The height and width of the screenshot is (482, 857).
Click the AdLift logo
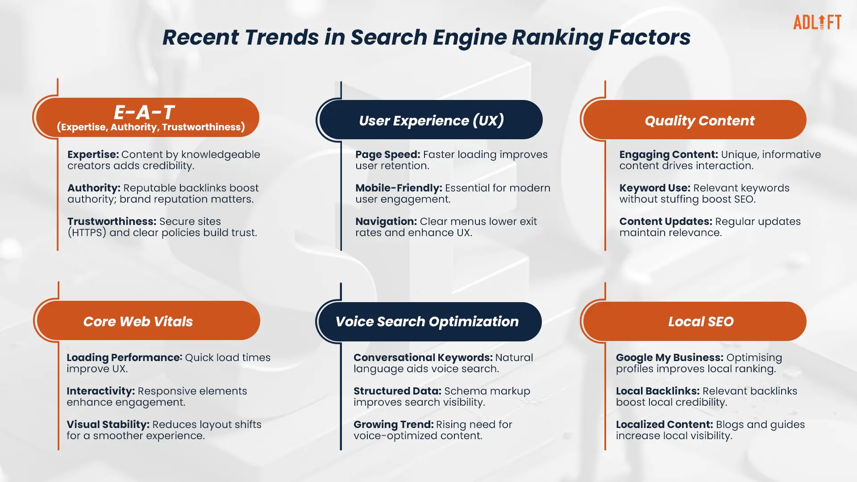[817, 22]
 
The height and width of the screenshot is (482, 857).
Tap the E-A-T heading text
[144, 112]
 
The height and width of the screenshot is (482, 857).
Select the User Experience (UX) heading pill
[431, 120]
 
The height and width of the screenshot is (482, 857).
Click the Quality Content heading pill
[695, 120]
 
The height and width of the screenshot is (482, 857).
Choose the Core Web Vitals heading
[138, 321]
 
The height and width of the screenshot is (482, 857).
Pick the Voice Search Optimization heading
[427, 322]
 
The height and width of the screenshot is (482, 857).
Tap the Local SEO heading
[701, 322]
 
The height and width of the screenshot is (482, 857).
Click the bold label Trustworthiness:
[112, 221]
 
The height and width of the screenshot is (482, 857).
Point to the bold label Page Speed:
[388, 155]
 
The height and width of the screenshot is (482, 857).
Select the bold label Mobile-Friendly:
[399, 188]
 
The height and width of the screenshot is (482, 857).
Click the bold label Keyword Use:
[655, 188]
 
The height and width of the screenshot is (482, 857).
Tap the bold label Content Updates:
[666, 222]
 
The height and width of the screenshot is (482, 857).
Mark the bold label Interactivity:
[100, 391]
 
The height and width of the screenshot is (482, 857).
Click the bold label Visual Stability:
[108, 425]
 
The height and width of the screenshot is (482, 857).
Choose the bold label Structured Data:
[397, 391]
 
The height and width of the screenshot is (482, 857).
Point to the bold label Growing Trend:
[393, 425]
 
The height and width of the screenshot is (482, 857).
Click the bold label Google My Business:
[670, 358]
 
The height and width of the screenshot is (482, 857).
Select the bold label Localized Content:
[664, 425]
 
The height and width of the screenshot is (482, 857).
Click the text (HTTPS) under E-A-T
[87, 233]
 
